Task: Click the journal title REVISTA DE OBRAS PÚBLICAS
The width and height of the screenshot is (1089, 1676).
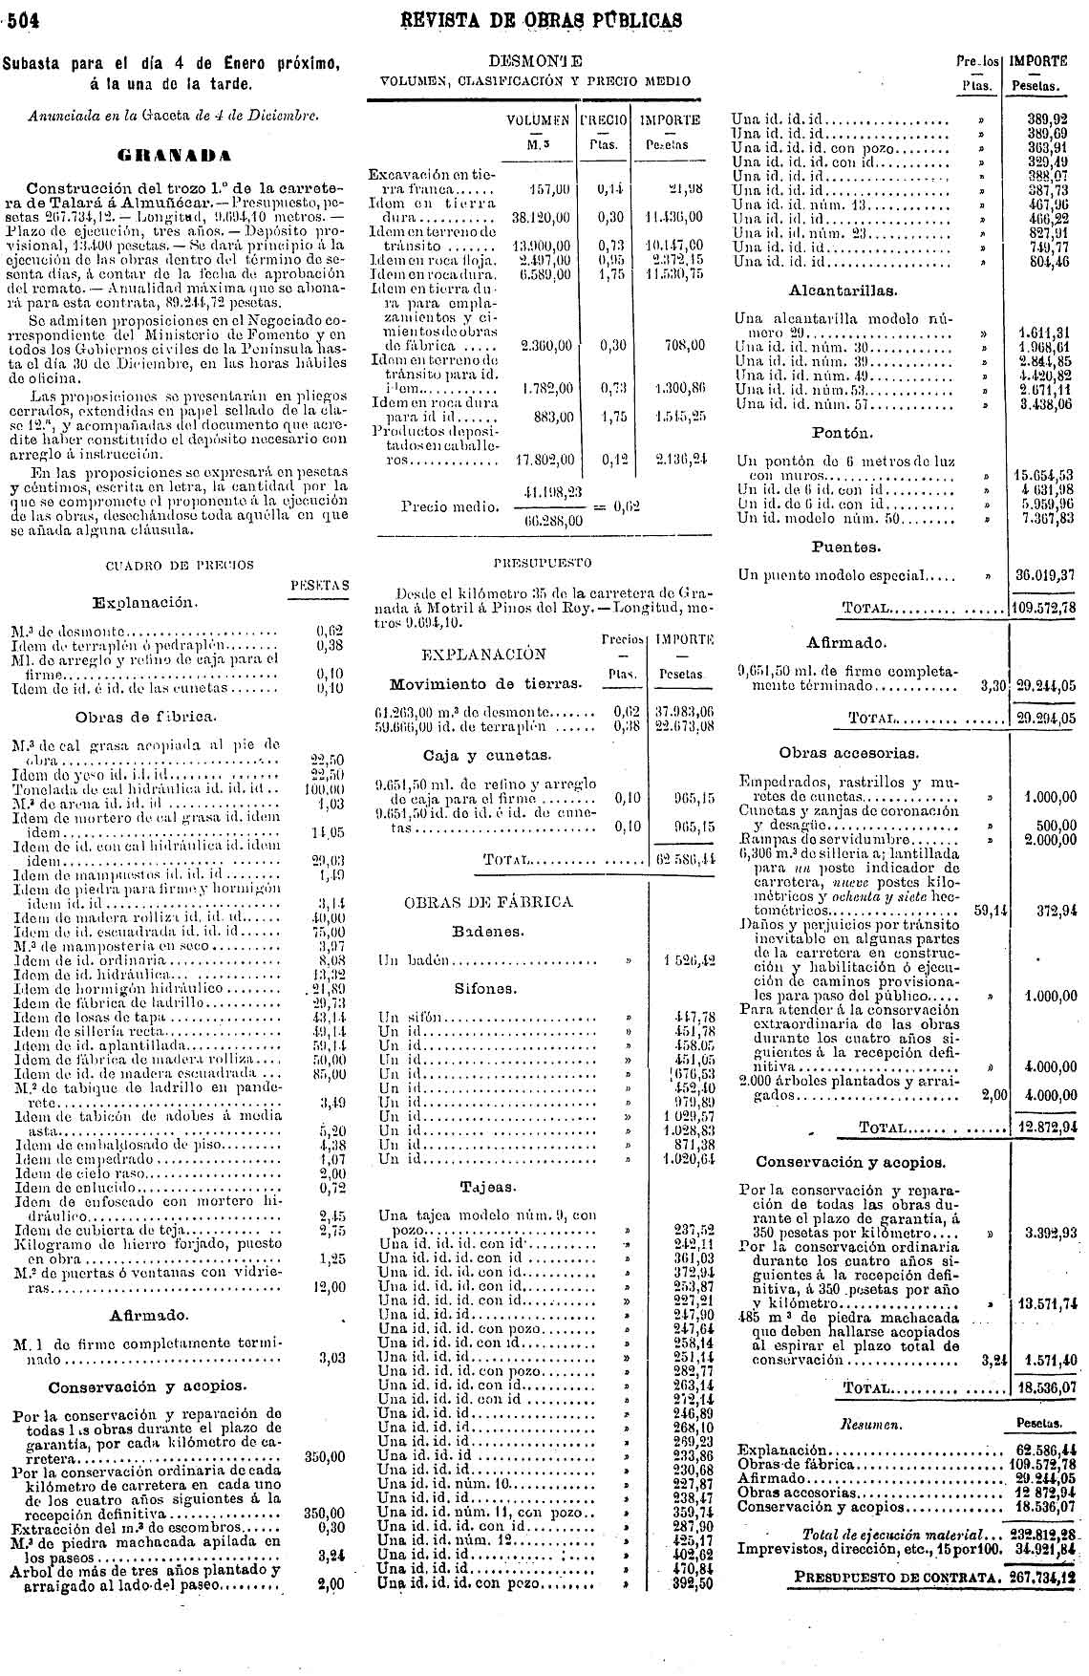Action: tap(543, 20)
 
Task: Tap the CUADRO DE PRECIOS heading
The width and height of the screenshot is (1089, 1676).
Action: tap(179, 565)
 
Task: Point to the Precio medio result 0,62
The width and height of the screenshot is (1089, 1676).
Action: tap(626, 505)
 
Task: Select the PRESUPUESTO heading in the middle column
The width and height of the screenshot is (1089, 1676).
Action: tap(542, 563)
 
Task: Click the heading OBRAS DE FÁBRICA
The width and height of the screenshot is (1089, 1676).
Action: tap(488, 901)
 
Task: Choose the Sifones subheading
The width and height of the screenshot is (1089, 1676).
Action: tap(485, 989)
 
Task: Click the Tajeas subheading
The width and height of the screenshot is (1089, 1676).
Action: tap(487, 1187)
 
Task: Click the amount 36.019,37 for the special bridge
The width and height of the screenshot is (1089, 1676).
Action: tap(1044, 576)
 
